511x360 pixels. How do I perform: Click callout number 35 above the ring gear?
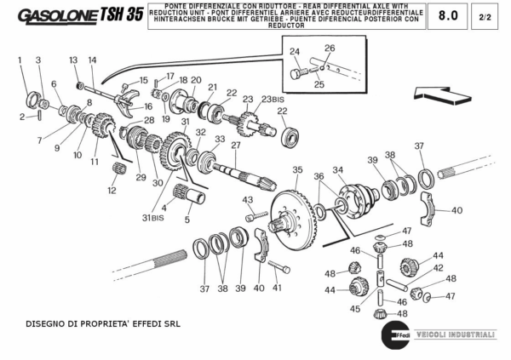tap(297, 170)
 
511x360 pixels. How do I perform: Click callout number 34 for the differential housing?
tap(337, 169)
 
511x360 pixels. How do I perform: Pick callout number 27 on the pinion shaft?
tap(235, 146)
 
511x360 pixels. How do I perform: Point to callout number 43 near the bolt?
tap(247, 200)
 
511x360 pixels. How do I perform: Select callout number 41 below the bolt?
tap(277, 288)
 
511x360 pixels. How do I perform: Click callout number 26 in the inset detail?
tap(330, 49)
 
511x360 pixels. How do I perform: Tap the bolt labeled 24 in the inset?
tap(296, 74)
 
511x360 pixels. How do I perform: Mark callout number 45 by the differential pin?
tap(356, 310)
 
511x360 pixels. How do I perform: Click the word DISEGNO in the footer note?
tap(49, 324)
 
